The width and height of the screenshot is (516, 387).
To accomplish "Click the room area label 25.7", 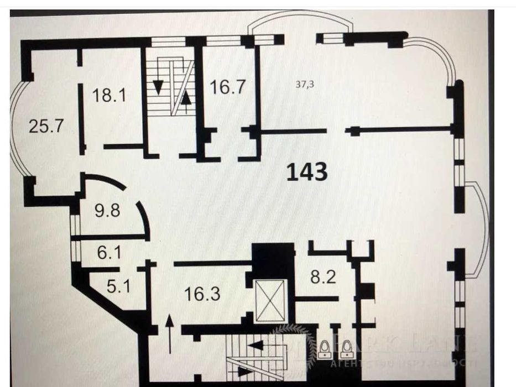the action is (x=47, y=127).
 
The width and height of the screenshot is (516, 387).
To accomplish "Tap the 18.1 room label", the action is (x=109, y=95).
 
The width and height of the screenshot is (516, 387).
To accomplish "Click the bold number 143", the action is (x=307, y=172).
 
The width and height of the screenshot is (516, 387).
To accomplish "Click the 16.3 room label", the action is (x=201, y=293).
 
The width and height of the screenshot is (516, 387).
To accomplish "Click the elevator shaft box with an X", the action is (x=270, y=300).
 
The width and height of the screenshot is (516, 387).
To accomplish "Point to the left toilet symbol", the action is (x=325, y=349).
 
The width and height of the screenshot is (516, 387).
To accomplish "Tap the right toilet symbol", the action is (x=347, y=349).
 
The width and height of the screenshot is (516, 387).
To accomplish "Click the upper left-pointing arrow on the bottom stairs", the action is (x=256, y=346).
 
